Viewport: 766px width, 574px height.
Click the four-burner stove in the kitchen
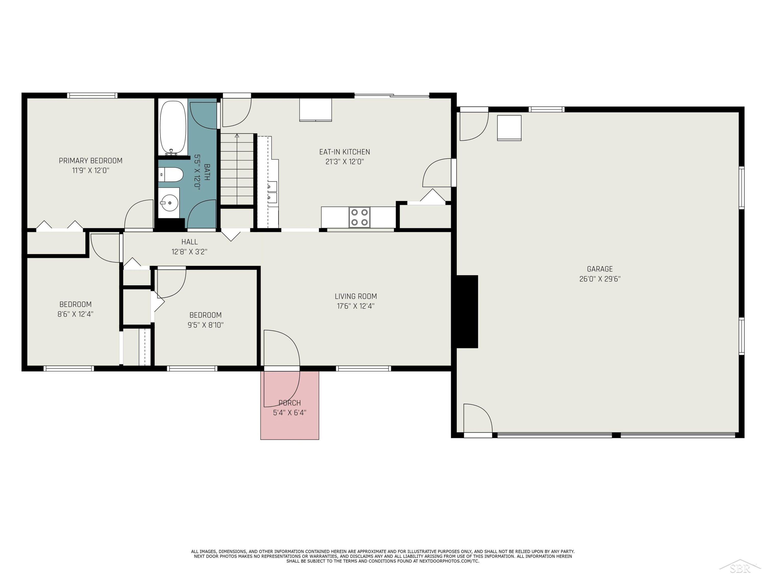point(360,217)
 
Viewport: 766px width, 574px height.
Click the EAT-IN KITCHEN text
point(344,152)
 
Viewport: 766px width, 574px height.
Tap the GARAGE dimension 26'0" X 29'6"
point(600,279)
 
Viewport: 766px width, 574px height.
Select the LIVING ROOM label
point(356,296)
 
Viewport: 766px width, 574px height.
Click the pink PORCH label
point(290,403)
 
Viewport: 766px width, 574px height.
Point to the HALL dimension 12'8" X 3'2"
point(189,252)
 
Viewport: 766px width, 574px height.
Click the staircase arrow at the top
point(237,136)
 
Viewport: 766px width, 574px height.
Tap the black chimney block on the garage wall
point(467,312)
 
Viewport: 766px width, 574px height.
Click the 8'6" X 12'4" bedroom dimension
point(76,314)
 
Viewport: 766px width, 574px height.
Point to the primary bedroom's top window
point(92,95)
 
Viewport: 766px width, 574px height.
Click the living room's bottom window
point(363,368)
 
